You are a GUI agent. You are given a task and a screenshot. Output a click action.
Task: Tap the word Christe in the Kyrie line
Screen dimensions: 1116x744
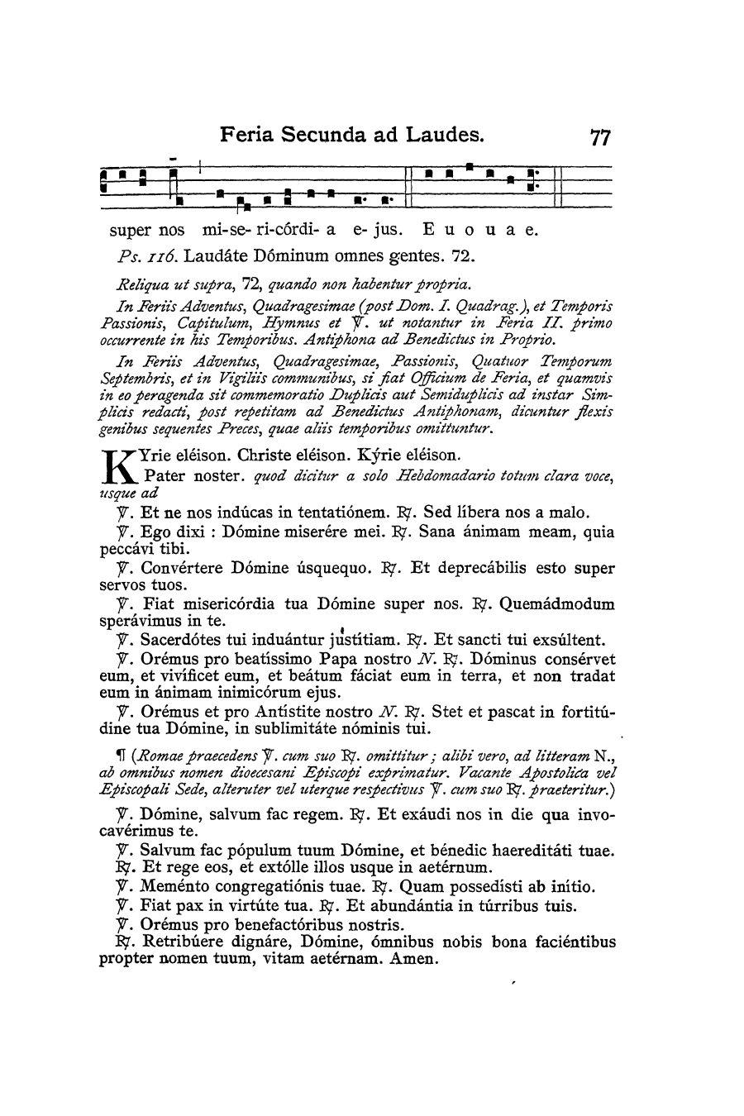(267, 455)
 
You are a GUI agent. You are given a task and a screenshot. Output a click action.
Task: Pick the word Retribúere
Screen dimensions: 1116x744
(183, 942)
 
